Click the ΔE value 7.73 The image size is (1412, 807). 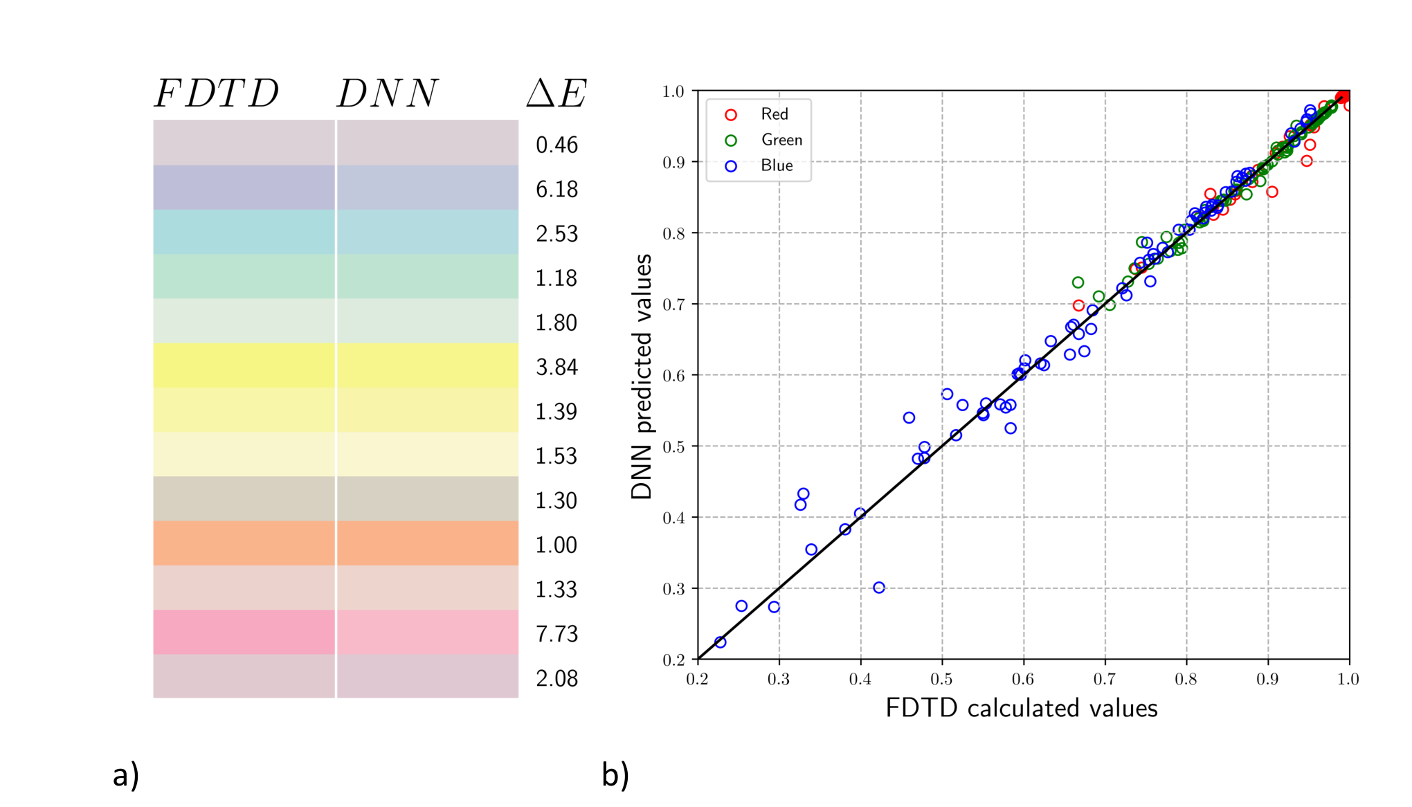coord(556,634)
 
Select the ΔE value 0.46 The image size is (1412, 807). coord(556,145)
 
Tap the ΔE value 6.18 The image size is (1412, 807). coord(556,190)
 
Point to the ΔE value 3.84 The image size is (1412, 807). coord(556,368)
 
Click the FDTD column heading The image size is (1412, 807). coord(217,93)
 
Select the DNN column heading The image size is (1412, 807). coord(388,93)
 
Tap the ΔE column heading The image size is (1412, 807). coord(556,93)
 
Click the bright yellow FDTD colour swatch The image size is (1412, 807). coord(244,365)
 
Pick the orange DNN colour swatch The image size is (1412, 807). coord(428,543)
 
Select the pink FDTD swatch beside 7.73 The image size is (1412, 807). coord(244,632)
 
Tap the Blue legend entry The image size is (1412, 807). coord(759,165)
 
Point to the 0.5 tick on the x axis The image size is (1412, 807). coord(941,679)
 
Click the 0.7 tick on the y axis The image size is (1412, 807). coord(673,305)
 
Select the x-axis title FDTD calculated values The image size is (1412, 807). coord(1022,708)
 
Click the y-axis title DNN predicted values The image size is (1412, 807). coord(642,377)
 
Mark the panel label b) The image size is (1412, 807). coord(615,774)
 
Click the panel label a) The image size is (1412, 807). coord(126,774)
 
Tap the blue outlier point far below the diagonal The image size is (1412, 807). coord(879,588)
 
